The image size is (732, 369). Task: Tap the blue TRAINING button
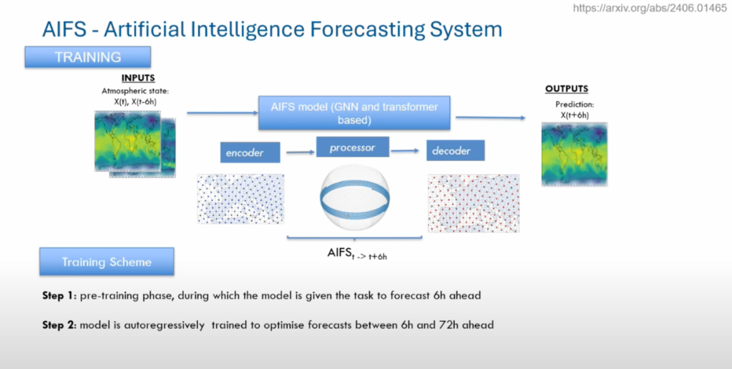point(87,57)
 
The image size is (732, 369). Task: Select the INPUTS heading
point(138,78)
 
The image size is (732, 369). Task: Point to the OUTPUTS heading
point(567,89)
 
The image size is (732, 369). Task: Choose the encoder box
point(250,152)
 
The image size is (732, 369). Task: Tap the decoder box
point(455,150)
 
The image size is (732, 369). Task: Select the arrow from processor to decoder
point(405,150)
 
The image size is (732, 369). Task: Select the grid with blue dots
point(241,198)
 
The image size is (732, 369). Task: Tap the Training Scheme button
point(106,261)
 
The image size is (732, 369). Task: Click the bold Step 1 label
point(58,296)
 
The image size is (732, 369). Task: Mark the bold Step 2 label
point(58,325)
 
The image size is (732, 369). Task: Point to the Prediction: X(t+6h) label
point(574,109)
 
